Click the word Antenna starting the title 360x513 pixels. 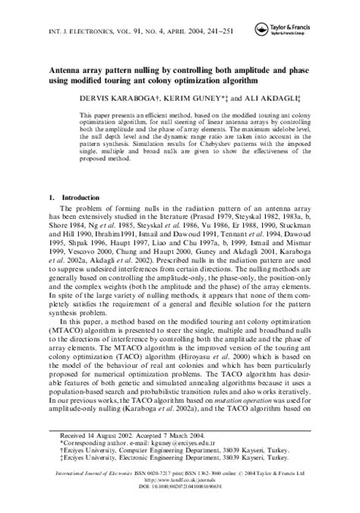pos(68,65)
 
